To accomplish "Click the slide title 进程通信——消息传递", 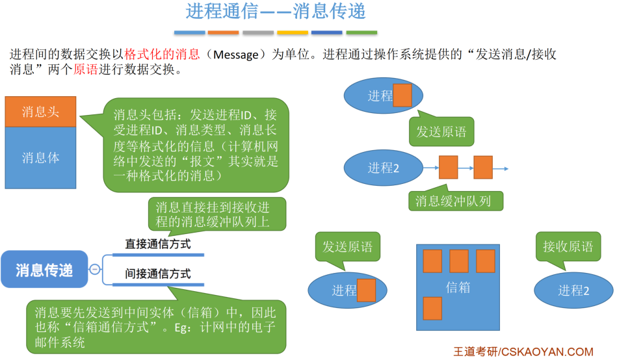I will click(x=276, y=12).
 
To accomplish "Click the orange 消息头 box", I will click(x=40, y=112).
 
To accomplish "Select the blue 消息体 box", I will click(x=40, y=157).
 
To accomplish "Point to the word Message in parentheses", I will click(x=236, y=55).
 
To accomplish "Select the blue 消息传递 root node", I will click(x=44, y=269).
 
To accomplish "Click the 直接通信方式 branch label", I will click(x=158, y=244).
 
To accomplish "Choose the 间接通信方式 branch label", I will click(x=158, y=274).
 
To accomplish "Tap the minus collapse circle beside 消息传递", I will click(x=95, y=269).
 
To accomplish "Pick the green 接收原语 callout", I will click(x=568, y=247).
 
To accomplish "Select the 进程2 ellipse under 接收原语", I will click(x=573, y=290).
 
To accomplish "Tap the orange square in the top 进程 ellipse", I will click(x=402, y=95).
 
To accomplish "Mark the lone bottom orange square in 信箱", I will click(x=432, y=307).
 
